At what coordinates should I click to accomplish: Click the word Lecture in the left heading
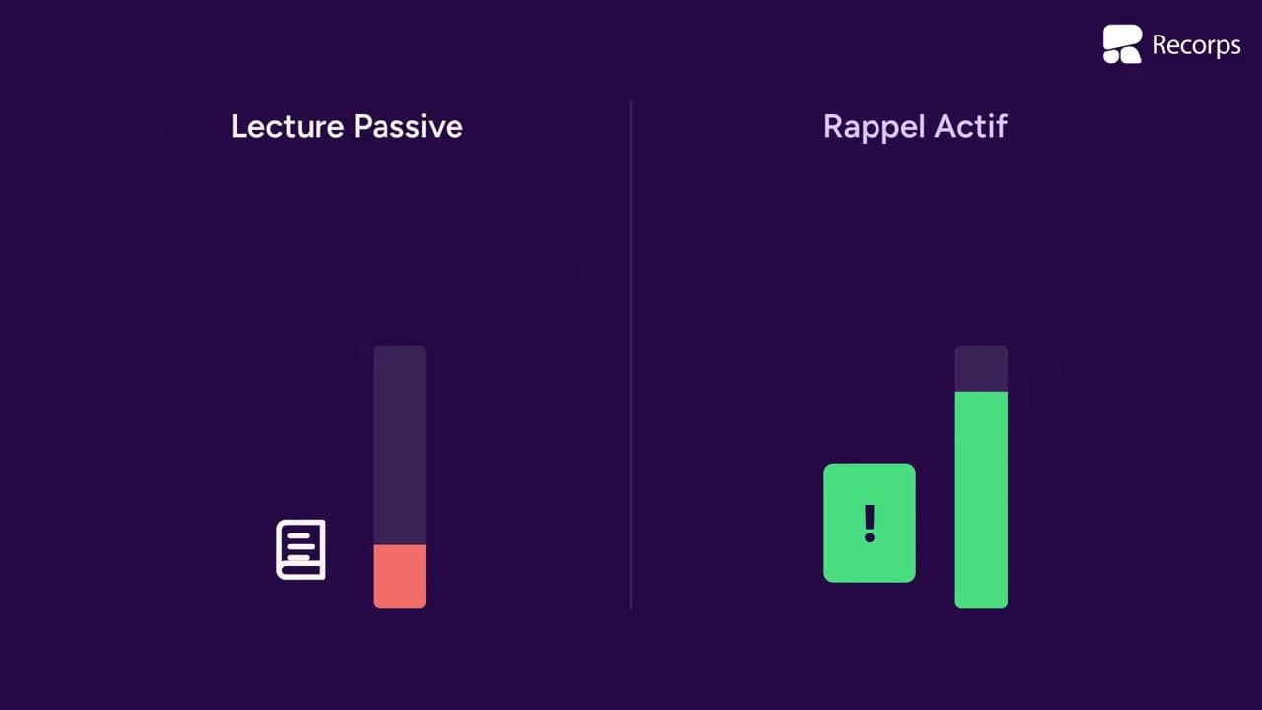[x=287, y=126]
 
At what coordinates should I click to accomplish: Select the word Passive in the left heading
[x=408, y=126]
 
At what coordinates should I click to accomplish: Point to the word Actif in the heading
[x=970, y=126]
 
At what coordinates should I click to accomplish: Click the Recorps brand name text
[x=1196, y=45]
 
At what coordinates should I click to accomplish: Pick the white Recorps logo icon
[x=1122, y=44]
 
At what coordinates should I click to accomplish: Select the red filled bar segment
[x=399, y=577]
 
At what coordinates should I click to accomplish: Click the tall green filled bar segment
[x=981, y=500]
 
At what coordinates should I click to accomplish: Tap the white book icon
[x=301, y=549]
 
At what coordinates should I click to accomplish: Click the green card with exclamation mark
[x=870, y=523]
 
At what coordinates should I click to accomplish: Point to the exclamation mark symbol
[x=870, y=524]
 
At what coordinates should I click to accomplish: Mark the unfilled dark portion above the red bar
[x=399, y=445]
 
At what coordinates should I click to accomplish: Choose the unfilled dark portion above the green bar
[x=981, y=369]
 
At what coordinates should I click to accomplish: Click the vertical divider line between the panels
[x=630, y=355]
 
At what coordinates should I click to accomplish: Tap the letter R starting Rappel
[x=834, y=127]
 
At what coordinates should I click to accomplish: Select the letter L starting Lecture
[x=239, y=127]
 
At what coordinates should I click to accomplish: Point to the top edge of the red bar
[x=399, y=545]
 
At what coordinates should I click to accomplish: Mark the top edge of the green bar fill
[x=981, y=392]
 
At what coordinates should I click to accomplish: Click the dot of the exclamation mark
[x=870, y=537]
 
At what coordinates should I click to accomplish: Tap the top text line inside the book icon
[x=298, y=535]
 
